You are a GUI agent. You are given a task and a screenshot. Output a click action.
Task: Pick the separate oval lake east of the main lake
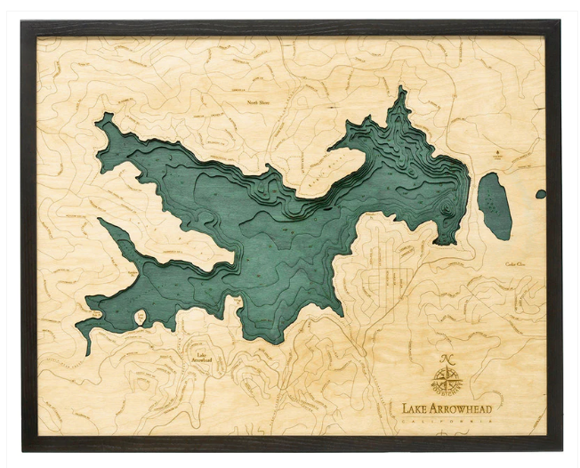(x=494, y=206)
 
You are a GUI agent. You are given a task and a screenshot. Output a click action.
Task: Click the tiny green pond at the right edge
(x=540, y=194)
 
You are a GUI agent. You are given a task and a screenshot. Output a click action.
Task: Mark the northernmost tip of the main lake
(x=402, y=89)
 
